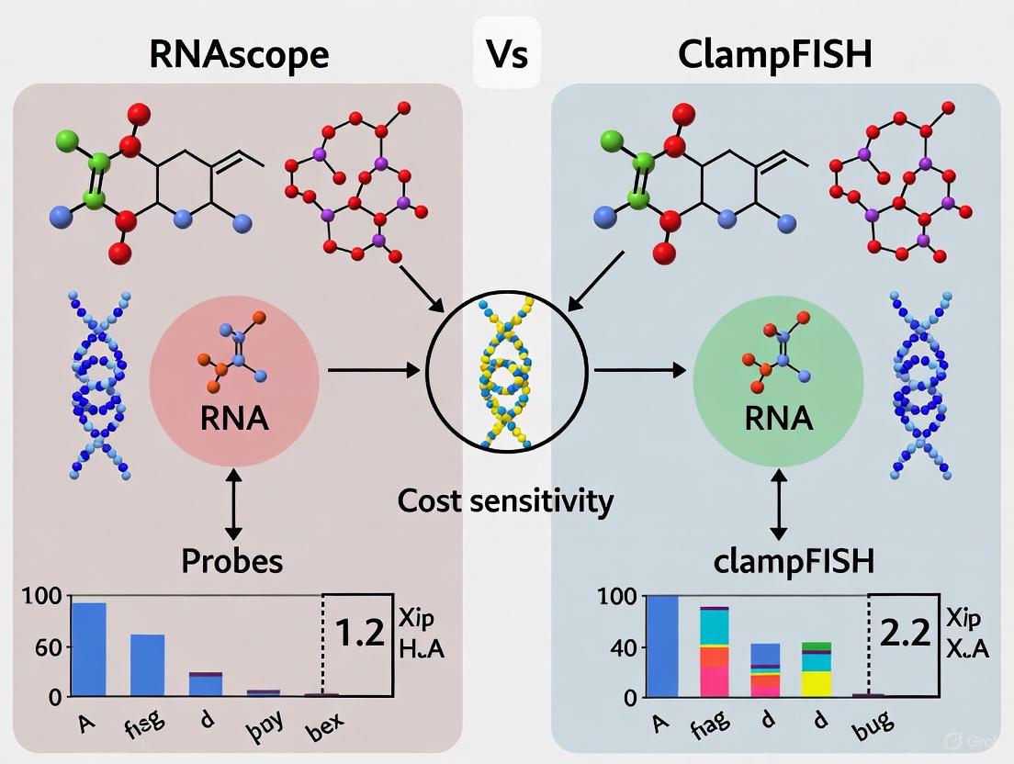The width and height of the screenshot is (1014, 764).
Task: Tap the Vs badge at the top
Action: click(x=506, y=54)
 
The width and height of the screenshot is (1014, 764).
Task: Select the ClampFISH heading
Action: click(x=774, y=54)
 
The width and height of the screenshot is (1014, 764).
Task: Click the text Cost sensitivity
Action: click(x=506, y=500)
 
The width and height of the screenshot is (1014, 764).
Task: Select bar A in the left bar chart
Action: click(x=89, y=649)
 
